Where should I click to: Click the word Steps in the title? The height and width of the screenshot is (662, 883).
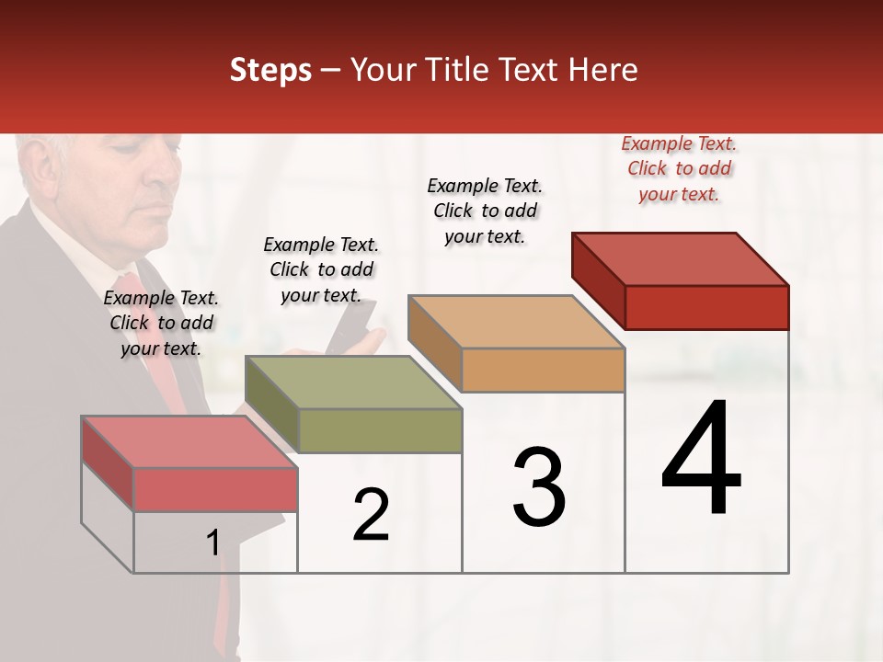click(x=270, y=70)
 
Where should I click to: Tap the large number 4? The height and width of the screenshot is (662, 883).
click(x=701, y=460)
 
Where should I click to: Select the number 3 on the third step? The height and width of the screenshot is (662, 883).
click(x=539, y=487)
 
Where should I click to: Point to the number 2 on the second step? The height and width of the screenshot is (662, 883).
click(x=371, y=515)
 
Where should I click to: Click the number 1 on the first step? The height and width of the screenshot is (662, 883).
click(x=212, y=543)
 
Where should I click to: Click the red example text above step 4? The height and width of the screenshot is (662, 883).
click(x=679, y=168)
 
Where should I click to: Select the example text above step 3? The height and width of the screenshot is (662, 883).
click(x=485, y=211)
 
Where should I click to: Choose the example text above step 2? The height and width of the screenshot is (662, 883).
click(x=321, y=269)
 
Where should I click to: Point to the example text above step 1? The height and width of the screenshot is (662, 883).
click(x=161, y=323)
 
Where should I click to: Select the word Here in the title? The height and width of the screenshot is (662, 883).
click(x=603, y=70)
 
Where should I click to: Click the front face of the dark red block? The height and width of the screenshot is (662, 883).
click(x=706, y=307)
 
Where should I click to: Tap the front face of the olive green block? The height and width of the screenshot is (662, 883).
click(x=380, y=430)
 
